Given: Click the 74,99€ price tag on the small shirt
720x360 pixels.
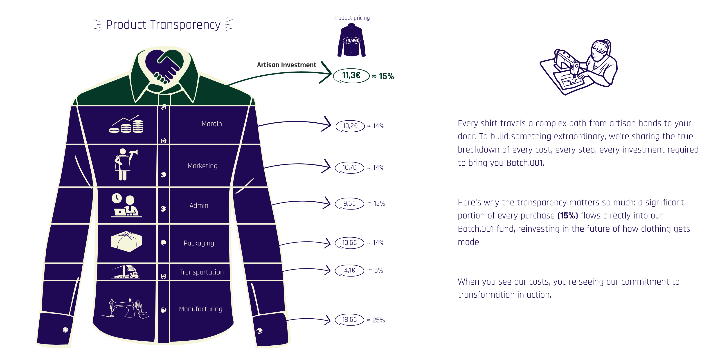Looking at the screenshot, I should click(352, 40).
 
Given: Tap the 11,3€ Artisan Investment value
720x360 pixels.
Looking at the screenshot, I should click(351, 75).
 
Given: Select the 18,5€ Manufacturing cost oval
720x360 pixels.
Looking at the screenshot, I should click(350, 319).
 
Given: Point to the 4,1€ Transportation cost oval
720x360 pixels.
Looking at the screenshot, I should click(350, 270).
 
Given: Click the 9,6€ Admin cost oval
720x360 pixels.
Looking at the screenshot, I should click(350, 203).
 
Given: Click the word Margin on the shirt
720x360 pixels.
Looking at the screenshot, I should click(211, 124).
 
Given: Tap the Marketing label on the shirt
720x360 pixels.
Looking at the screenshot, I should click(202, 166).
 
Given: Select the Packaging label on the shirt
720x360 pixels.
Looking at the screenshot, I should click(199, 243).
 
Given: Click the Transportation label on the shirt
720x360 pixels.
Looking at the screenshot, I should click(202, 272).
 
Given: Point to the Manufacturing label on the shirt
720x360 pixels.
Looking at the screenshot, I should click(201, 309).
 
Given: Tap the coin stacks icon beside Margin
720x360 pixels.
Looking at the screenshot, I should click(126, 125).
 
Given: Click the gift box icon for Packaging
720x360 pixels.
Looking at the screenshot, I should click(126, 241).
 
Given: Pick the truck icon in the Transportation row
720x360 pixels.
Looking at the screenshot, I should click(126, 272).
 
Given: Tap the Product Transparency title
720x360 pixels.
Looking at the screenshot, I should click(163, 25).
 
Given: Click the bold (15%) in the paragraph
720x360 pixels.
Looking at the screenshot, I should click(567, 216).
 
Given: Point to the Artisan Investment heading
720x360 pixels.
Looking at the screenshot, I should click(286, 65).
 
